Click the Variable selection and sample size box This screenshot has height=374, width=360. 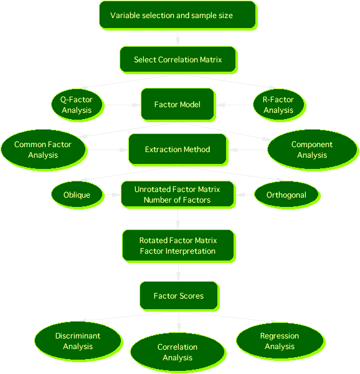point(178,15)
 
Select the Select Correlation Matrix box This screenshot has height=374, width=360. point(178,59)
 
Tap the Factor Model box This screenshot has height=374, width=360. point(178,104)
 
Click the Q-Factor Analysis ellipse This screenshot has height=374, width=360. point(77,105)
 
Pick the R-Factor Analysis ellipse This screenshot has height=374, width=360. point(278,105)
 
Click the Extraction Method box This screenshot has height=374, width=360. point(178,150)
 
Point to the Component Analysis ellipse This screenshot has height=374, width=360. point(312,150)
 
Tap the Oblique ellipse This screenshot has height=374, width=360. point(77,194)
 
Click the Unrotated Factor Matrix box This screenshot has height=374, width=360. point(178,194)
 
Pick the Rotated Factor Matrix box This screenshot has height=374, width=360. point(178,246)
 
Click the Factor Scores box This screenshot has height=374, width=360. point(179,295)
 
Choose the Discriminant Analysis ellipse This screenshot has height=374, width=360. point(78,341)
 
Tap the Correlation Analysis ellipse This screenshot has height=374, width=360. point(178,352)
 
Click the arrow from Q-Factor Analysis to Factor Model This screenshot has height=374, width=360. point(122,105)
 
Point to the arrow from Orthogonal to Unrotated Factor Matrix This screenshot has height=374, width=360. point(245,194)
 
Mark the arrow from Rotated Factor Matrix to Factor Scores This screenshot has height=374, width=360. point(178,272)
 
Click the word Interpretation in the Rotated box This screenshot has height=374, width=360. point(190,251)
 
